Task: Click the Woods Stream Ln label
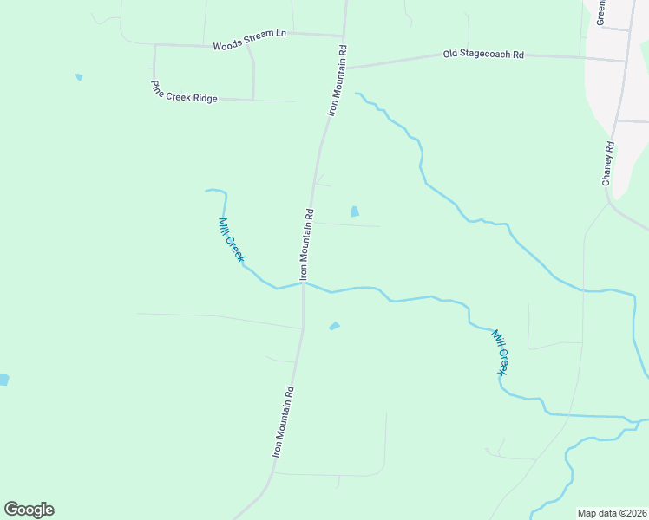click(x=249, y=39)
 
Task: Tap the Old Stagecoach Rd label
click(x=483, y=54)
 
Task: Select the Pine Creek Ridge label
click(x=184, y=92)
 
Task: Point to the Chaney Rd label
click(x=608, y=163)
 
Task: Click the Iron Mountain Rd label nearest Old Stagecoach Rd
click(x=338, y=81)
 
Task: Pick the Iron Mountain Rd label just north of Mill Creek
click(x=306, y=244)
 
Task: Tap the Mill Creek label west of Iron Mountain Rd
click(x=233, y=241)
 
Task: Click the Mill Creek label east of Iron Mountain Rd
click(x=500, y=352)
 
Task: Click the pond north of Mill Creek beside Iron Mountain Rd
click(x=354, y=211)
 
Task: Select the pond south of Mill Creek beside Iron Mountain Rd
click(x=334, y=326)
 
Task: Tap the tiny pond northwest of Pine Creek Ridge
click(x=79, y=77)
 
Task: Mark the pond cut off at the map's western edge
click(x=3, y=380)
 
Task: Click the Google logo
click(x=29, y=510)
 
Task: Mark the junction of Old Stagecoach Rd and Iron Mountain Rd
click(x=346, y=68)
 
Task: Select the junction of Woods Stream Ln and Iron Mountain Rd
click(x=344, y=36)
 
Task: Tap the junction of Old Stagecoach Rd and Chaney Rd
click(x=626, y=62)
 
